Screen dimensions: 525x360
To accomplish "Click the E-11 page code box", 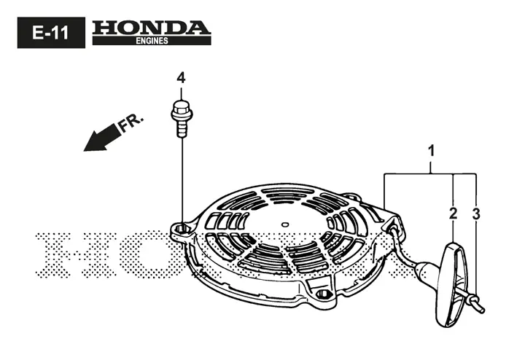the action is (51, 33).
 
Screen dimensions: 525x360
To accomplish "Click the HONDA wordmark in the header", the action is (152, 28).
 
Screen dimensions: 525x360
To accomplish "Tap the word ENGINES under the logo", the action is (152, 41).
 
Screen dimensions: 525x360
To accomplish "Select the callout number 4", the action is (181, 78).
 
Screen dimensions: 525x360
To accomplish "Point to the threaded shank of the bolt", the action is (182, 129).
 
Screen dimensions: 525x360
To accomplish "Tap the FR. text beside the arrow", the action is (131, 123).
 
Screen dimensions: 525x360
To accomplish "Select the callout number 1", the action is (432, 151).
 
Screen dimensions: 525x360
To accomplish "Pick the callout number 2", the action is (453, 214).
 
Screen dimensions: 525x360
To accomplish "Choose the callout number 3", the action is (476, 214).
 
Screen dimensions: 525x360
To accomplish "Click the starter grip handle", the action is (451, 285).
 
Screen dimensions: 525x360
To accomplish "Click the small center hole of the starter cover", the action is (285, 224).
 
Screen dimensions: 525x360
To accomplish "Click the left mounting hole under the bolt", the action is (182, 229).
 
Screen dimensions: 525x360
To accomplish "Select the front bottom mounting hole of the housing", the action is (324, 294).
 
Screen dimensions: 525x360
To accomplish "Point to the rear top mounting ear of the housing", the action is (351, 196).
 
